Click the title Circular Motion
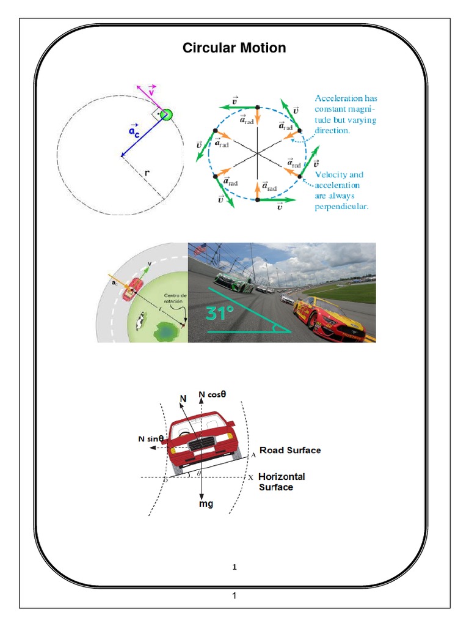click(x=234, y=48)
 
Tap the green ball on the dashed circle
click(x=165, y=114)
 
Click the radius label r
click(x=147, y=173)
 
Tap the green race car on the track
click(x=228, y=279)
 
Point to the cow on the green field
click(x=140, y=320)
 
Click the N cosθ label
click(x=213, y=394)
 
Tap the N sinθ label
click(x=150, y=438)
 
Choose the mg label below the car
click(x=206, y=504)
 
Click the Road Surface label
click(x=290, y=450)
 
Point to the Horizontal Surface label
click(x=282, y=482)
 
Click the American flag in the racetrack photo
click(x=200, y=250)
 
